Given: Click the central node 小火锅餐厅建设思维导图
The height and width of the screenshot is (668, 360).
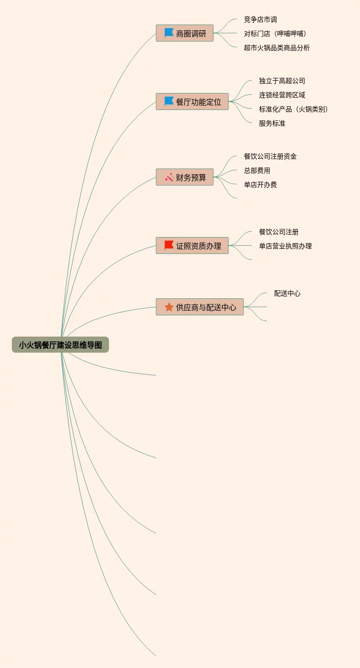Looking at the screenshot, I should click(x=60, y=345).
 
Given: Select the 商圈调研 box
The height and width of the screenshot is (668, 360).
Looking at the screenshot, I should click(x=185, y=34).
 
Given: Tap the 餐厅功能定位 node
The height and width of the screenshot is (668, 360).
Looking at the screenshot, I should click(x=193, y=101).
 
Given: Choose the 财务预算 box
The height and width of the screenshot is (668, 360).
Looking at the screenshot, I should click(x=185, y=177).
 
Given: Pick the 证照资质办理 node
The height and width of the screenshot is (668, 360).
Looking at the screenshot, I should click(x=193, y=245).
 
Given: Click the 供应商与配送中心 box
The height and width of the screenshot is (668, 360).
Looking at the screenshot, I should click(x=200, y=307).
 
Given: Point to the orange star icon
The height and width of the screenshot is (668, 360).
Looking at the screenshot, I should click(x=169, y=307).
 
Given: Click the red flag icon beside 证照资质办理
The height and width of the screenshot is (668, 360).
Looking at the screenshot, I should click(x=169, y=245).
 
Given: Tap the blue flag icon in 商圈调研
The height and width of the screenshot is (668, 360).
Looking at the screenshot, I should click(x=169, y=33).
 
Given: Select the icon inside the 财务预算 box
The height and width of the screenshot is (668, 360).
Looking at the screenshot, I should click(x=169, y=178).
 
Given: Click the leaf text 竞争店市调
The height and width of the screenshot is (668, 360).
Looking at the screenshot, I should click(x=260, y=19).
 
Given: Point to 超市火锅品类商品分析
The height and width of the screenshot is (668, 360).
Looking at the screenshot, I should click(x=277, y=48).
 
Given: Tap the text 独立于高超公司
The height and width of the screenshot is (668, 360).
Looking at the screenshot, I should click(x=282, y=81).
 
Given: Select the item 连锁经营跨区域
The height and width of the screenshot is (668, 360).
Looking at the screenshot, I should click(x=282, y=95).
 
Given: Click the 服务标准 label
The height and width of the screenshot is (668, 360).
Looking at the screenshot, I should click(x=272, y=123).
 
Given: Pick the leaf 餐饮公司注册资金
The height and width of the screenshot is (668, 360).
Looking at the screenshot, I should click(x=270, y=156).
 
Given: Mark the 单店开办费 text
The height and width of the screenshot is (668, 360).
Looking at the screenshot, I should click(x=260, y=185).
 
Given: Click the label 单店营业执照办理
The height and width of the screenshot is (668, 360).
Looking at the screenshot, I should click(x=285, y=246).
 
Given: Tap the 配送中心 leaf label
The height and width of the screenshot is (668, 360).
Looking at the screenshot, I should click(x=287, y=293).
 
